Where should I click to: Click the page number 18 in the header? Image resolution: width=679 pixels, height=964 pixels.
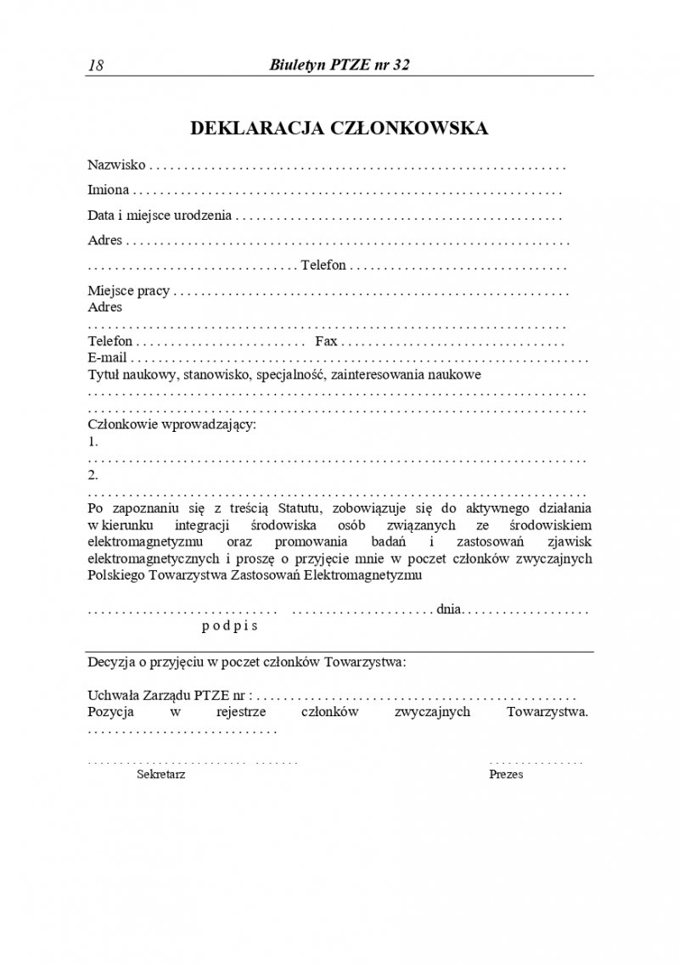95,66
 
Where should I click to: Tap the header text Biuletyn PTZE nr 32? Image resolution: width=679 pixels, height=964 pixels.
339,65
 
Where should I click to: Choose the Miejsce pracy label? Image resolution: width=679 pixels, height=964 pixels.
129,291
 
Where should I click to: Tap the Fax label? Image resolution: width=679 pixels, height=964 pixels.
327,341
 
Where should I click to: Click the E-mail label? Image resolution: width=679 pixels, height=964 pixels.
107,357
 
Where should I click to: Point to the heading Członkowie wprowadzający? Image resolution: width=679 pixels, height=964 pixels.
171,424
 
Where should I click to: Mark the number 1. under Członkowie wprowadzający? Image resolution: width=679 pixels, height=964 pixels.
93,441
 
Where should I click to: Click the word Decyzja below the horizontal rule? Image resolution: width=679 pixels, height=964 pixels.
111,661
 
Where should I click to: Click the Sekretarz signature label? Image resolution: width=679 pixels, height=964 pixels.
161,775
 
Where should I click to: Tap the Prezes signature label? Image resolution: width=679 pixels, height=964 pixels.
506,775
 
